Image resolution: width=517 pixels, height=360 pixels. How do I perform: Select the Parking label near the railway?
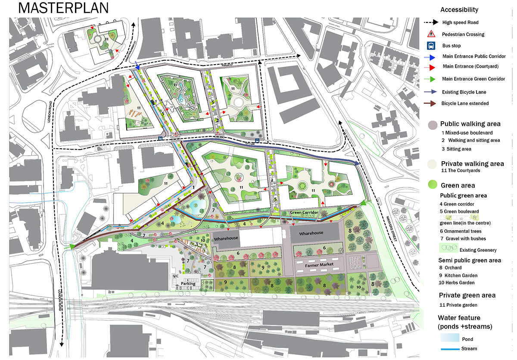[x=188, y=284]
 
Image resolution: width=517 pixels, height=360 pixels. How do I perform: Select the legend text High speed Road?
[x=460, y=22]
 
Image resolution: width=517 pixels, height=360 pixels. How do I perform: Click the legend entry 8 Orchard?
[x=451, y=268]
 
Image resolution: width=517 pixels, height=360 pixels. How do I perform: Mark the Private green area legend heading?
[x=467, y=295]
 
